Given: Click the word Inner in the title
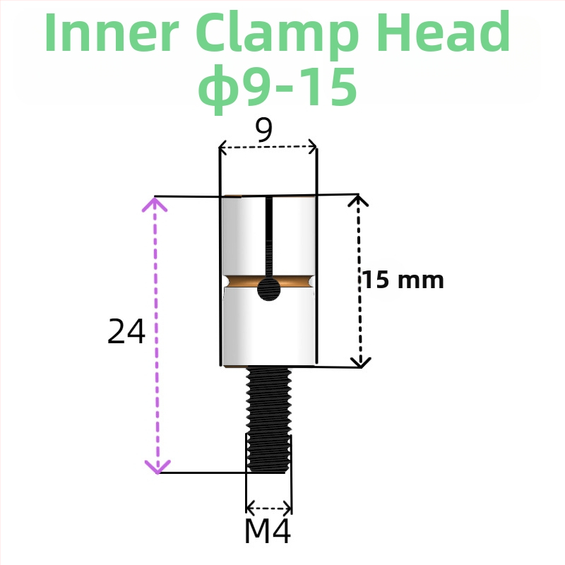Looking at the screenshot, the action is point(112,32).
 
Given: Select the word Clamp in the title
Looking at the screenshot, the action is point(277,35).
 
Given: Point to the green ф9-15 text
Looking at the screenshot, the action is point(278,88).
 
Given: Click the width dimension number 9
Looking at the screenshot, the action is point(264,130).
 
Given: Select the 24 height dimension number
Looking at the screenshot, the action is point(126,331).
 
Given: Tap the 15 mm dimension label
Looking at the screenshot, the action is point(403,280).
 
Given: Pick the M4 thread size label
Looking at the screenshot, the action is point(268,531).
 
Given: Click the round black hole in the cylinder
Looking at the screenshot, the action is point(269,289).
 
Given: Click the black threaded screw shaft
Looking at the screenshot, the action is point(269,420).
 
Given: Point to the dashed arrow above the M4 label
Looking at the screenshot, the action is point(269,509).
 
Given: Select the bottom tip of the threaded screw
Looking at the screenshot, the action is point(269,472).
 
